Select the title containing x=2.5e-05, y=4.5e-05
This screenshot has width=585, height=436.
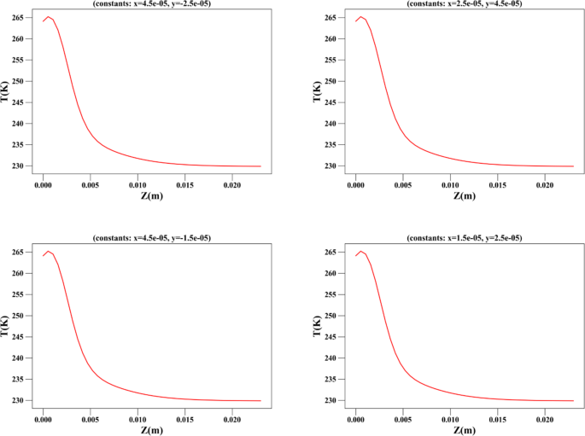pos(464,3)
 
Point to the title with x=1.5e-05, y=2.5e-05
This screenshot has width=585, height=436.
pos(464,237)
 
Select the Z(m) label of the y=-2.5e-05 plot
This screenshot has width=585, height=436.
pos(150,196)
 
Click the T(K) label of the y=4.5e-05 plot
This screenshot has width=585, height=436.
pos(319,91)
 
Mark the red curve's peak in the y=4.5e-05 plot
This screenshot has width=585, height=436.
pos(361,16)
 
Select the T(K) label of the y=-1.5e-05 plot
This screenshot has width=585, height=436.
pos(5,325)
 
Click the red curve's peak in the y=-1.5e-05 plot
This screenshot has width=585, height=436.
pos(48,251)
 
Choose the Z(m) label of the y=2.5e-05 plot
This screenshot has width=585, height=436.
pos(464,430)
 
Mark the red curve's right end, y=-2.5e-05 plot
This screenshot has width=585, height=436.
pos(260,166)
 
